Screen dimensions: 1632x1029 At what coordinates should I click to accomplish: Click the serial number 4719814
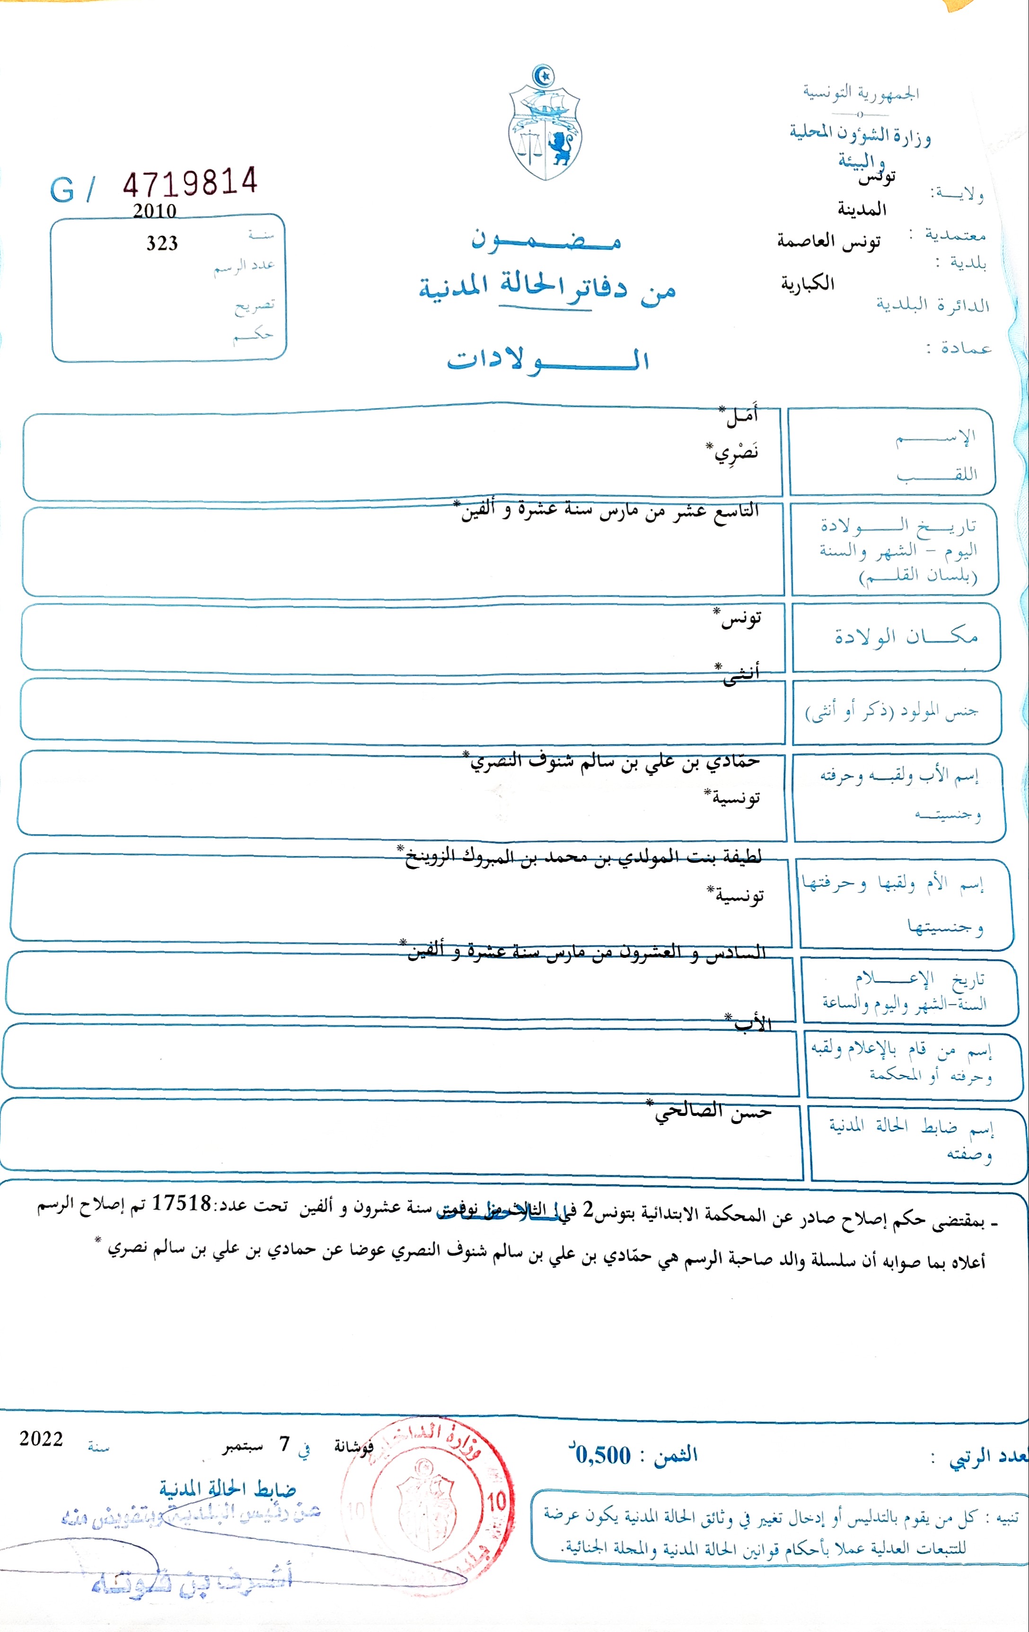190,182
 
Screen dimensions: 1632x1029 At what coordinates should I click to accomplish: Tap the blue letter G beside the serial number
62,190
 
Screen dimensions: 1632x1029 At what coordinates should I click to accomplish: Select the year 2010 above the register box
154,211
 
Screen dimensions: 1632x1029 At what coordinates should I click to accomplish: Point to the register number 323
162,243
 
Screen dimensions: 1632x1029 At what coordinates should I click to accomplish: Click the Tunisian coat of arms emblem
545,124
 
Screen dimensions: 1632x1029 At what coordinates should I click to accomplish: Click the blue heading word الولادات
547,359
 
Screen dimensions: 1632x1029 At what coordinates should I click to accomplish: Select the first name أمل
741,415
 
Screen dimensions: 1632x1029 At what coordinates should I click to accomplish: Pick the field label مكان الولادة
906,636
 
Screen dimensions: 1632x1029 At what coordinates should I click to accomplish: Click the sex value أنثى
740,673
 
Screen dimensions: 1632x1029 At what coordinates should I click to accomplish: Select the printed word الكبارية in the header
808,283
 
